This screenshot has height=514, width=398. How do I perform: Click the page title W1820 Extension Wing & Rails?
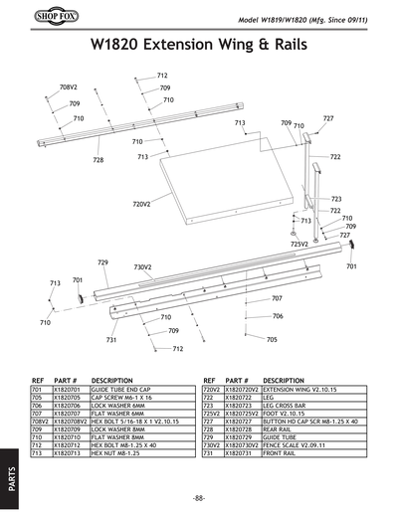[199, 45]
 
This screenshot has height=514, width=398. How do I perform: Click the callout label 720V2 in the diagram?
[141, 204]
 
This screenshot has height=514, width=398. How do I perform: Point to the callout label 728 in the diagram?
[99, 159]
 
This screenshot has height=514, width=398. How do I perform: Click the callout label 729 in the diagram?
[102, 262]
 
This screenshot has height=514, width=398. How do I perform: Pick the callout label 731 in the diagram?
[112, 340]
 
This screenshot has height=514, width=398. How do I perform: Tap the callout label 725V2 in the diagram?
[299, 243]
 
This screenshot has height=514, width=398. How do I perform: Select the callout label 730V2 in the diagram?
[142, 267]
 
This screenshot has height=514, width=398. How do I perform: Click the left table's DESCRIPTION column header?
[111, 381]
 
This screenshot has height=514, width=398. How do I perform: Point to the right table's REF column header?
[209, 381]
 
